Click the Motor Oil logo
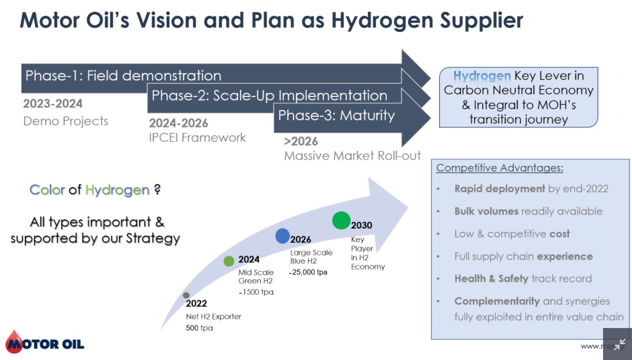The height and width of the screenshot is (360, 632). tap(45, 342)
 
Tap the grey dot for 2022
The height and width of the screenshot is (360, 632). tap(186, 295)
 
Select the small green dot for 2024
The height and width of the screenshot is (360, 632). tap(229, 261)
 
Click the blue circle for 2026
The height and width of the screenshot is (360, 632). tap(282, 236)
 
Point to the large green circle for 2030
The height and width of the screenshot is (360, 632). tap(342, 220)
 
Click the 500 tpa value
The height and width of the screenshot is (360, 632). tap(199, 328)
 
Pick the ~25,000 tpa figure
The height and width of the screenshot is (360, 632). tap(308, 272)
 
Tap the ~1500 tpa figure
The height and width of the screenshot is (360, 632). tap(256, 292)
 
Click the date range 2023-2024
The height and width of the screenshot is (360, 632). tap(53, 104)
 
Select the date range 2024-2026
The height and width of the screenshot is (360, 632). tap(179, 123)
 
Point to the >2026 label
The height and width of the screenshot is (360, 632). tap(301, 141)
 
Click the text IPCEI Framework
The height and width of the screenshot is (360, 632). tap(197, 138)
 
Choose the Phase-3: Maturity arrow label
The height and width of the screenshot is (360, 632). tap(337, 115)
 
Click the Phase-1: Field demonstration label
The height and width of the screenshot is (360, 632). tap(123, 76)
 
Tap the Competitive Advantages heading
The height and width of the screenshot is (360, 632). tap(500, 168)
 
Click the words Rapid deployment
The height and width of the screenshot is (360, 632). tap(500, 189)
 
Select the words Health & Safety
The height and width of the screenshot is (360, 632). tap(491, 278)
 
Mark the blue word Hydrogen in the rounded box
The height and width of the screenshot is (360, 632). tap(482, 76)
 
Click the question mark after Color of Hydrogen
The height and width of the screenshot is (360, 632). tap(157, 189)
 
